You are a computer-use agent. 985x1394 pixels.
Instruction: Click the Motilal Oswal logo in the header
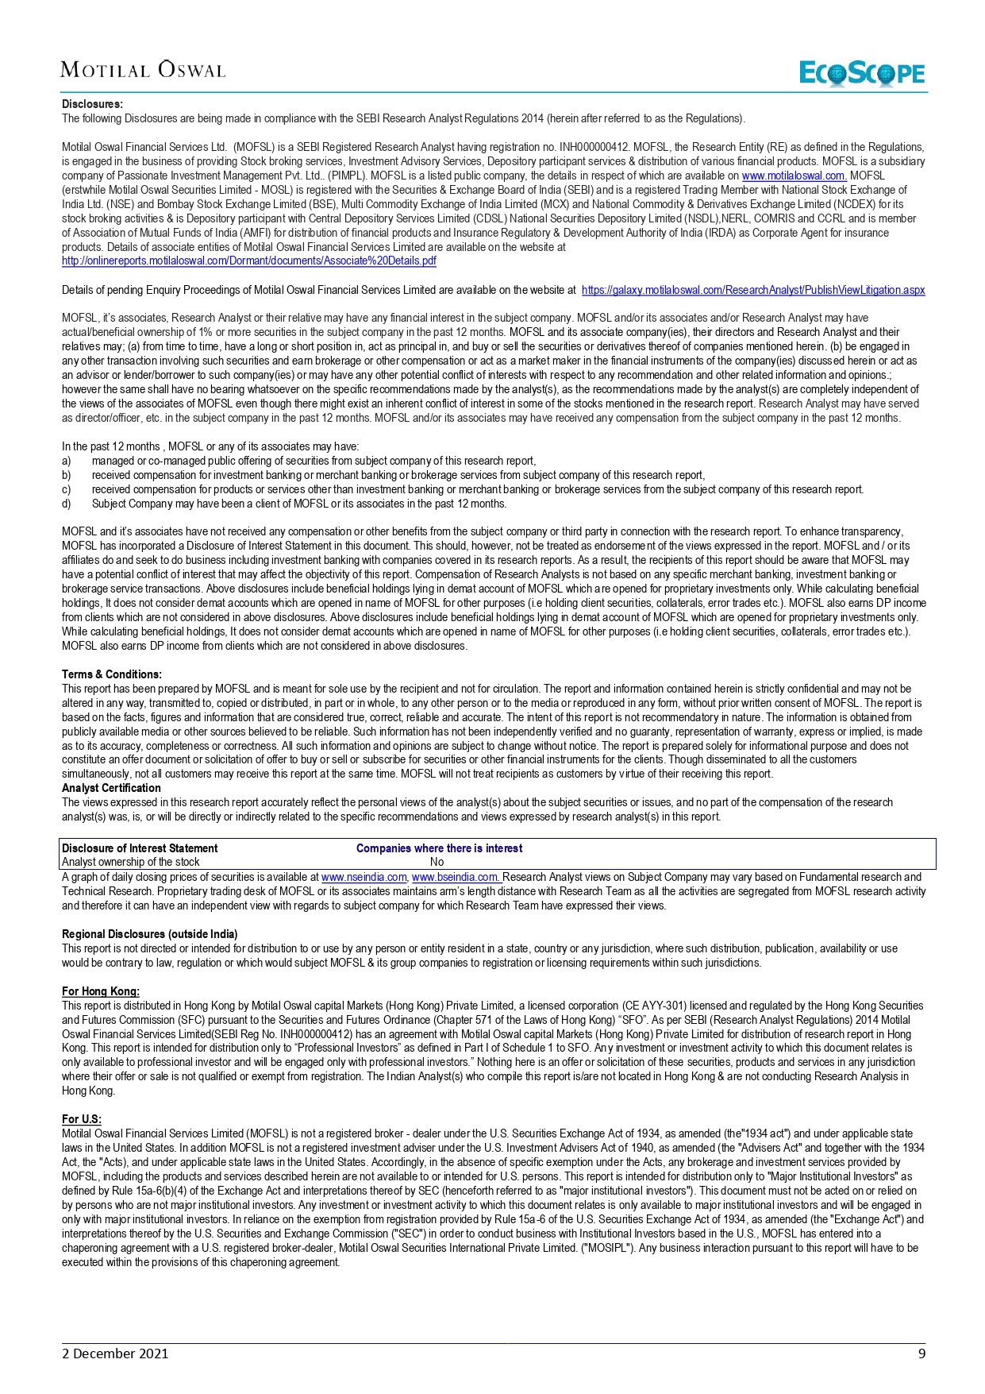(x=143, y=70)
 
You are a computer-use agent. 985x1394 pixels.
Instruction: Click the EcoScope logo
(x=862, y=73)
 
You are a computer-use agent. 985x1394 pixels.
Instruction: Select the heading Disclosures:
(x=92, y=104)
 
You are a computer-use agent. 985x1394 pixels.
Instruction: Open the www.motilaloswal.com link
(x=794, y=176)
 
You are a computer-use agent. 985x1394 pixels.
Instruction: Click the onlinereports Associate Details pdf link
(x=249, y=261)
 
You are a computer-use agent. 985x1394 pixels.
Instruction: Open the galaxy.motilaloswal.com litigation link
(x=752, y=290)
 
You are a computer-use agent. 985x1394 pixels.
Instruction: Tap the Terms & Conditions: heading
(x=112, y=674)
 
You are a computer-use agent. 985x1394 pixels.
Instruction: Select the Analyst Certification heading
(x=111, y=788)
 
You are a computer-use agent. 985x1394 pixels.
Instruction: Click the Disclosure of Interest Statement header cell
(x=140, y=848)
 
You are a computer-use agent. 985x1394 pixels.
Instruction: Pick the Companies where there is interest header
(x=439, y=848)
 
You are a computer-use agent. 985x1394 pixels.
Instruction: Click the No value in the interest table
(x=437, y=862)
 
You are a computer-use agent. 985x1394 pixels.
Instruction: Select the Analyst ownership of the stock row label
(x=131, y=862)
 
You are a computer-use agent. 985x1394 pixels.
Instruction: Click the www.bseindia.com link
(x=456, y=877)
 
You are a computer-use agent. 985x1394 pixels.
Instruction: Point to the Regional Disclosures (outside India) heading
(x=150, y=934)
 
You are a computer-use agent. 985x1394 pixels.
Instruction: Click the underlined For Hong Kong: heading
(x=101, y=991)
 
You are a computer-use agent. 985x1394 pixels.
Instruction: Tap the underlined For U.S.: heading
(x=82, y=1119)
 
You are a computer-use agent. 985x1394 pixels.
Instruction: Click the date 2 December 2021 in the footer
(x=115, y=1353)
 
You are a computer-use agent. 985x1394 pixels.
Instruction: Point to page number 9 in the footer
(x=922, y=1353)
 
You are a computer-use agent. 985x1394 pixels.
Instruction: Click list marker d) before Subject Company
(x=67, y=504)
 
